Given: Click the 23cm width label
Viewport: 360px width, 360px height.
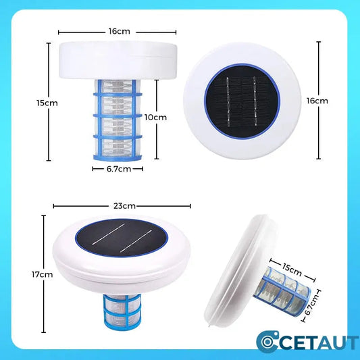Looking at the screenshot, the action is pos(124,206).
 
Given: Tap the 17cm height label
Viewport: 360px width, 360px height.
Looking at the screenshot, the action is pos(43,274).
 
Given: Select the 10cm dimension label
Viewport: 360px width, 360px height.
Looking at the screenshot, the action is pos(155,118).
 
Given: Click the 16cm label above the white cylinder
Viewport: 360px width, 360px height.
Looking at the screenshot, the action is pos(120,31).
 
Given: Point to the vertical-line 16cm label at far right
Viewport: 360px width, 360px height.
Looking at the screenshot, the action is pos(317,101).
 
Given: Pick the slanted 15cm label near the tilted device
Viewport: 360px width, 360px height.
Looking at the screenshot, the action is pos(292,269).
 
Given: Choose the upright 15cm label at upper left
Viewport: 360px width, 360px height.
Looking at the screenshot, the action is pos(47,103).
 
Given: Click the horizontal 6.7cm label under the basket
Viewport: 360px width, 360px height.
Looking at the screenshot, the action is pos(119,169).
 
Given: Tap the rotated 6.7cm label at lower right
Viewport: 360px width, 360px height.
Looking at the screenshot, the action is pos(311,305).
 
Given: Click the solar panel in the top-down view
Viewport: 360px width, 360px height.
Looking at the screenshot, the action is pos(242,102).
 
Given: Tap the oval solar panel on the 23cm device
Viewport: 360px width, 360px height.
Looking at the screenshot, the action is pos(122,238).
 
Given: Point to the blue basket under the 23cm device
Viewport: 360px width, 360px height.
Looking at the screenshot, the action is pos(119,311).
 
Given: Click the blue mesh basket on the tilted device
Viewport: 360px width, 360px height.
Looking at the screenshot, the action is pos(282,289).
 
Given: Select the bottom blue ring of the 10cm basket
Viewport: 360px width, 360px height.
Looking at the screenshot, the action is pos(118,157).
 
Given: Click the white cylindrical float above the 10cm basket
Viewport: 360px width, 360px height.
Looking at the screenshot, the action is pos(118,60).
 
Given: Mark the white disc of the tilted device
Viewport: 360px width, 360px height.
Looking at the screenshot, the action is pos(241,269).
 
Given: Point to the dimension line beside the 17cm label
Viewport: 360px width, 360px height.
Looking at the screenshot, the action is pos(44,274).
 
